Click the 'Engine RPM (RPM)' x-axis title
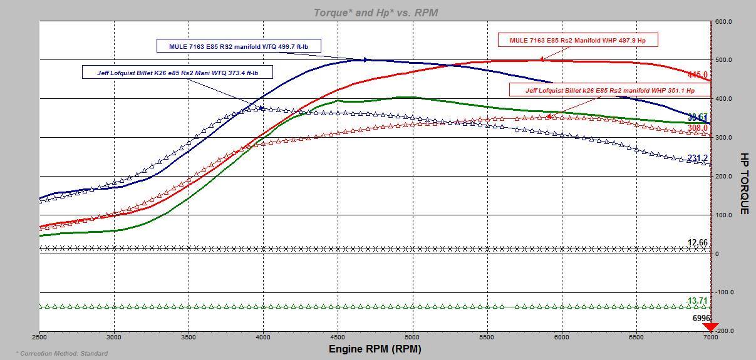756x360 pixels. click(375, 349)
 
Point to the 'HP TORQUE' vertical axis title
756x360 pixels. click(744, 183)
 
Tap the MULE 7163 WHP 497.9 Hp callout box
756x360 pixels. click(577, 40)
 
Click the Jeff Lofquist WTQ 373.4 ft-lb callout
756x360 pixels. click(177, 73)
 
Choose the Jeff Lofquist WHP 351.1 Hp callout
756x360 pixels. click(609, 90)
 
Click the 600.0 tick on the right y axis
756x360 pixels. click(724, 22)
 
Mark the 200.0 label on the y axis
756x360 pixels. click(724, 177)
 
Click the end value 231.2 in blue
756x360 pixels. click(697, 158)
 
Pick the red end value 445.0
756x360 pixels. click(697, 75)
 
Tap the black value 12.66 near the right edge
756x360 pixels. click(697, 243)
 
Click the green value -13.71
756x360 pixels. click(696, 301)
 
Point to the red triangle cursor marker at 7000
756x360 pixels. click(710, 327)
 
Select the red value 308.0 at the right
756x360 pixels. click(697, 128)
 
